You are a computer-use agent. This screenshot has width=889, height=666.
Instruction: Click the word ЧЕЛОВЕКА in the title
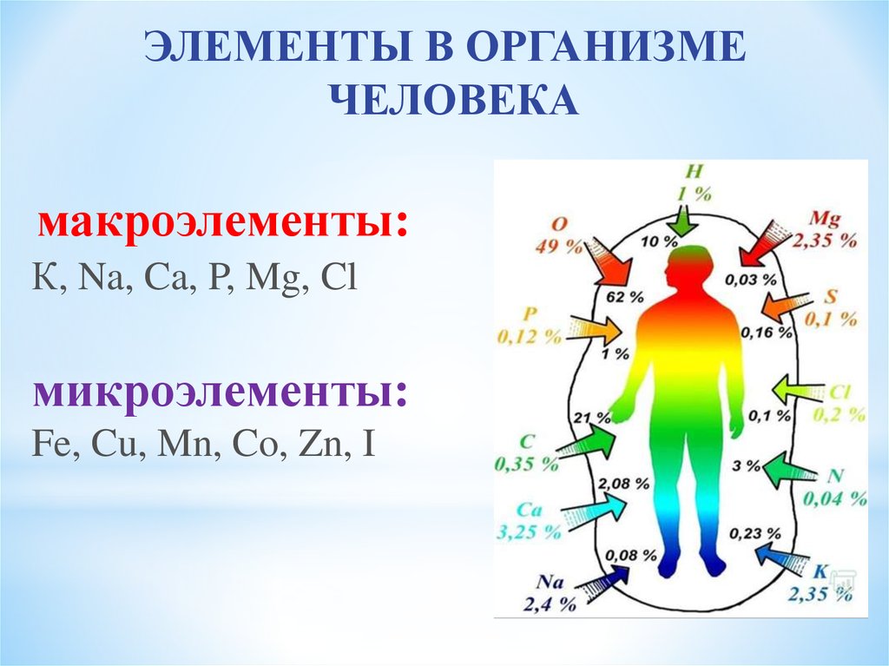tap(453, 101)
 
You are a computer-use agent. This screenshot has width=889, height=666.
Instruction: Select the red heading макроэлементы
tap(222, 225)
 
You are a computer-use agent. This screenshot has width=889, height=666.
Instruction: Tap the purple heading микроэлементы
tap(221, 393)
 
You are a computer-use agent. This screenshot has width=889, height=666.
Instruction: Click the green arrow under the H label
tap(685, 221)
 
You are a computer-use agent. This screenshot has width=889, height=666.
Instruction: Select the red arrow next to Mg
tap(762, 245)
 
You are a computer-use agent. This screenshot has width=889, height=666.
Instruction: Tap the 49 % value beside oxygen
tap(558, 247)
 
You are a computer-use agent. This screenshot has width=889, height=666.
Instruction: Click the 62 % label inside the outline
tap(625, 297)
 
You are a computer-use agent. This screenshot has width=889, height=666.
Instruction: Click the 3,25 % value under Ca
tap(529, 532)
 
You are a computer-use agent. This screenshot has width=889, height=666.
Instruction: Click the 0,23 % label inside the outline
tap(754, 533)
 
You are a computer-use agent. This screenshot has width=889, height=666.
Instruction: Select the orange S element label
tap(831, 296)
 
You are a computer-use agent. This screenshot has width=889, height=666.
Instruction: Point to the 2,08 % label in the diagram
tap(623, 484)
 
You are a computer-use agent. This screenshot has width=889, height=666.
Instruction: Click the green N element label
tap(836, 475)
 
